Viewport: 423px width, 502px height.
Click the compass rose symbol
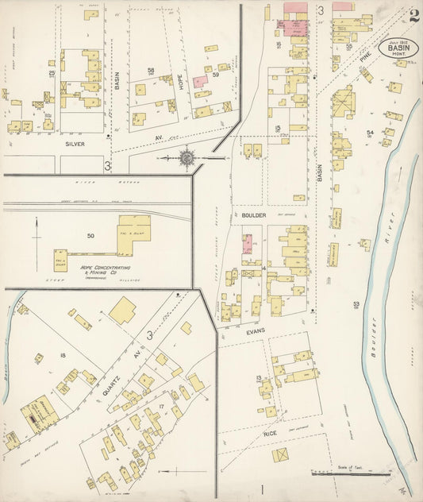pyautogui.click(x=187, y=157)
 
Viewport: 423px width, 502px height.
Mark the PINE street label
pyautogui.click(x=364, y=59)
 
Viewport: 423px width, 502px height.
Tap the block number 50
pyautogui.click(x=90, y=236)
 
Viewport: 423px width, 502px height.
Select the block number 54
pyautogui.click(x=370, y=133)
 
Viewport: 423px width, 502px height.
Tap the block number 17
pyautogui.click(x=161, y=406)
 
